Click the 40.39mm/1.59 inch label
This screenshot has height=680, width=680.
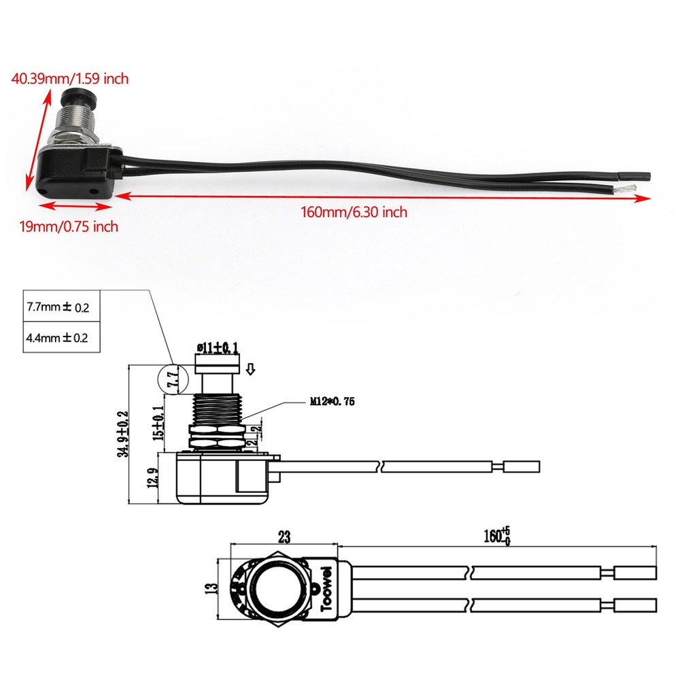(x=69, y=79)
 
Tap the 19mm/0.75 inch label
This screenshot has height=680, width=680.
(x=68, y=226)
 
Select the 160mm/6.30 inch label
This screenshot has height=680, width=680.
(x=354, y=212)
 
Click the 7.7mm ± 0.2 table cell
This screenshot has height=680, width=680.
(x=58, y=307)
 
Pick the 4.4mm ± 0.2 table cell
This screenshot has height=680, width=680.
(x=58, y=337)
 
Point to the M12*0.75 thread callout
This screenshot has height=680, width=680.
(x=333, y=402)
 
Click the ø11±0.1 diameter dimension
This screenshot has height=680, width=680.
(x=217, y=349)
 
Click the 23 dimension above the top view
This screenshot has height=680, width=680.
(x=284, y=537)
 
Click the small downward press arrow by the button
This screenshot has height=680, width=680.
(x=250, y=370)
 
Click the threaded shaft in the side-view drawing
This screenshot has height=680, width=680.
(x=217, y=409)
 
